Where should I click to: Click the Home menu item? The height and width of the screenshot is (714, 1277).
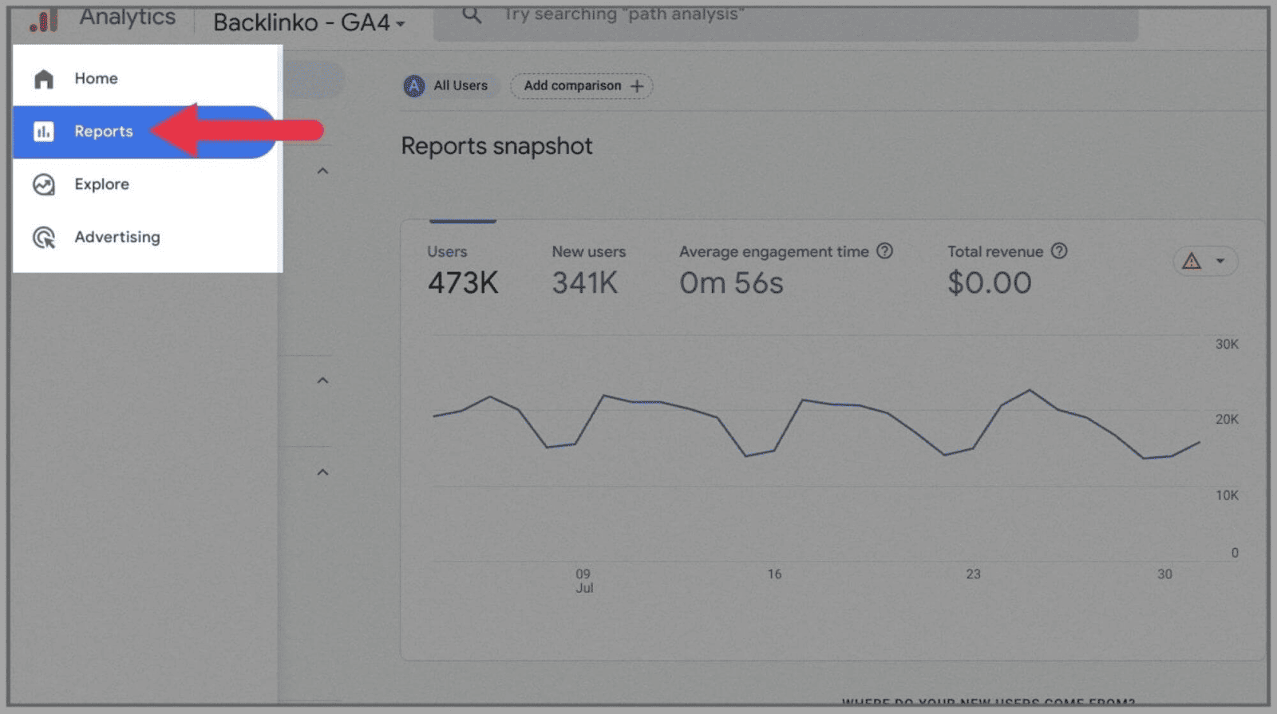pyautogui.click(x=96, y=78)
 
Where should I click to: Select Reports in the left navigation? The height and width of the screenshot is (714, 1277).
pyautogui.click(x=103, y=132)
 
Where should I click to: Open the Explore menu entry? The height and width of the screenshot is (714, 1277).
pyautogui.click(x=101, y=184)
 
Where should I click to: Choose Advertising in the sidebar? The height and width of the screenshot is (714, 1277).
pyautogui.click(x=117, y=237)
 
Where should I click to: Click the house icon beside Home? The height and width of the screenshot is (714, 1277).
pyautogui.click(x=44, y=78)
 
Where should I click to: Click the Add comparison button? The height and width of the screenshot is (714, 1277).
pyautogui.click(x=581, y=85)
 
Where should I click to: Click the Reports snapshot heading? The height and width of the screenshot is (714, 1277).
pyautogui.click(x=496, y=146)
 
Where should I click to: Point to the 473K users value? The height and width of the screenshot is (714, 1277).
pyautogui.click(x=463, y=282)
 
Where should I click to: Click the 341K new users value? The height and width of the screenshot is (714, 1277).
pyautogui.click(x=585, y=282)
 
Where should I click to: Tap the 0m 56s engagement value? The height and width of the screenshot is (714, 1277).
pyautogui.click(x=731, y=282)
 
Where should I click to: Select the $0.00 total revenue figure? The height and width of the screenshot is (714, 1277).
pyautogui.click(x=989, y=282)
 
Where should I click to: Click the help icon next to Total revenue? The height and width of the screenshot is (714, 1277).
pyautogui.click(x=1059, y=251)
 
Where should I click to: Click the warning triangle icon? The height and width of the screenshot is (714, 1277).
pyautogui.click(x=1192, y=261)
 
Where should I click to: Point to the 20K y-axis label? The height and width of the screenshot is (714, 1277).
pyautogui.click(x=1227, y=419)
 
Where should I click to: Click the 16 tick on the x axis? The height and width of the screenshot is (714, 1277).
pyautogui.click(x=774, y=574)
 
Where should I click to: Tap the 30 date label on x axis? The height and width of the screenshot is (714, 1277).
pyautogui.click(x=1164, y=574)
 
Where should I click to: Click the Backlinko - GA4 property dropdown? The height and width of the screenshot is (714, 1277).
pyautogui.click(x=309, y=22)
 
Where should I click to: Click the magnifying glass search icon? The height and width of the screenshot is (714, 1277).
pyautogui.click(x=472, y=14)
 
